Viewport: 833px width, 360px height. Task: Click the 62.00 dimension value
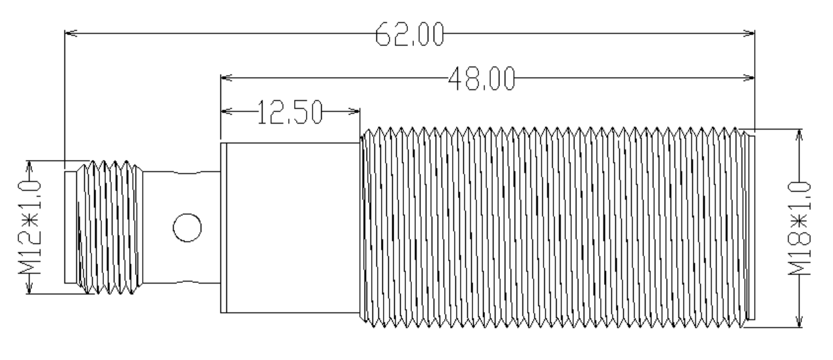click(409, 34)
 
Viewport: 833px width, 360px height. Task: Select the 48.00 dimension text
click(482, 78)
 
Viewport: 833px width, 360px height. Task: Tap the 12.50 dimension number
click(290, 112)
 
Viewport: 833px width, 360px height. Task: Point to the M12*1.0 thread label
click(30, 227)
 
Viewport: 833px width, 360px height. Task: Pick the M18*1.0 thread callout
click(799, 228)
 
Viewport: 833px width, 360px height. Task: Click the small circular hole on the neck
click(187, 228)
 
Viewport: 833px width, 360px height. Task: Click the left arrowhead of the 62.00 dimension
click(71, 33)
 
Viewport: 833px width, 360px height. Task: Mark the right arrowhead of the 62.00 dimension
click(749, 33)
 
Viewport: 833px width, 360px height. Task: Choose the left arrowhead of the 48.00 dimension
click(226, 78)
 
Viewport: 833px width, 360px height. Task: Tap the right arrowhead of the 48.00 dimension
click(749, 78)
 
